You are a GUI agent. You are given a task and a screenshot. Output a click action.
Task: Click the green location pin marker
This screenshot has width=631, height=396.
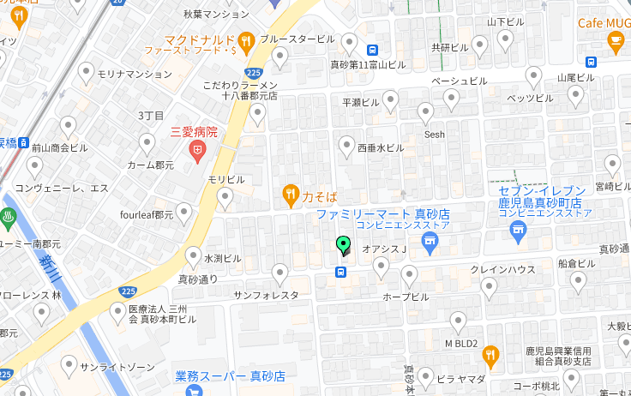click(x=343, y=246)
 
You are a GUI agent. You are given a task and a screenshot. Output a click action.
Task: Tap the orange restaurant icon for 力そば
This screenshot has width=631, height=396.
click(x=291, y=195)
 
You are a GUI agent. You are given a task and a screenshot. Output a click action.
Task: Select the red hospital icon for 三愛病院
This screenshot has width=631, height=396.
click(x=197, y=153)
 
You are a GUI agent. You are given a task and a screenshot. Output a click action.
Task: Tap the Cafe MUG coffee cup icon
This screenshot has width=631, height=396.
click(x=616, y=40)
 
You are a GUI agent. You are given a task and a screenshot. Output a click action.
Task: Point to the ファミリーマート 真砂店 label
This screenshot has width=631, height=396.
click(x=383, y=213)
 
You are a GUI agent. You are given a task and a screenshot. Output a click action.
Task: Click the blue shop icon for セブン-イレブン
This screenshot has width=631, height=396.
click(x=517, y=229)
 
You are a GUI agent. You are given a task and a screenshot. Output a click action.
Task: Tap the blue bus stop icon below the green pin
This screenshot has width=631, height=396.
click(x=341, y=273)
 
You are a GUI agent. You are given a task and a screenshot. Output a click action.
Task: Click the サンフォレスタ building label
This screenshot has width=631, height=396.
click(x=266, y=295)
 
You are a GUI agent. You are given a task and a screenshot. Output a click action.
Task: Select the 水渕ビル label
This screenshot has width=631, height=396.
click(x=222, y=258)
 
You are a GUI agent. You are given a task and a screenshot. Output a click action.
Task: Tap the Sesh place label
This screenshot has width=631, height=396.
click(x=436, y=135)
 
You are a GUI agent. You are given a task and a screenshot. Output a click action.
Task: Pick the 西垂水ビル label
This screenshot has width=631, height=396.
click(x=380, y=147)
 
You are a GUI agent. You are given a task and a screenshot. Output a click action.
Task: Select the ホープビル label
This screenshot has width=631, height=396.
click(x=406, y=297)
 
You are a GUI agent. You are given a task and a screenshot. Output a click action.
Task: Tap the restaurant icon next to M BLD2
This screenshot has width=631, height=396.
click(x=490, y=355)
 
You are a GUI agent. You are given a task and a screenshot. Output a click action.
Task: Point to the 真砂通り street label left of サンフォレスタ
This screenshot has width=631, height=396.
click(x=198, y=279)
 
